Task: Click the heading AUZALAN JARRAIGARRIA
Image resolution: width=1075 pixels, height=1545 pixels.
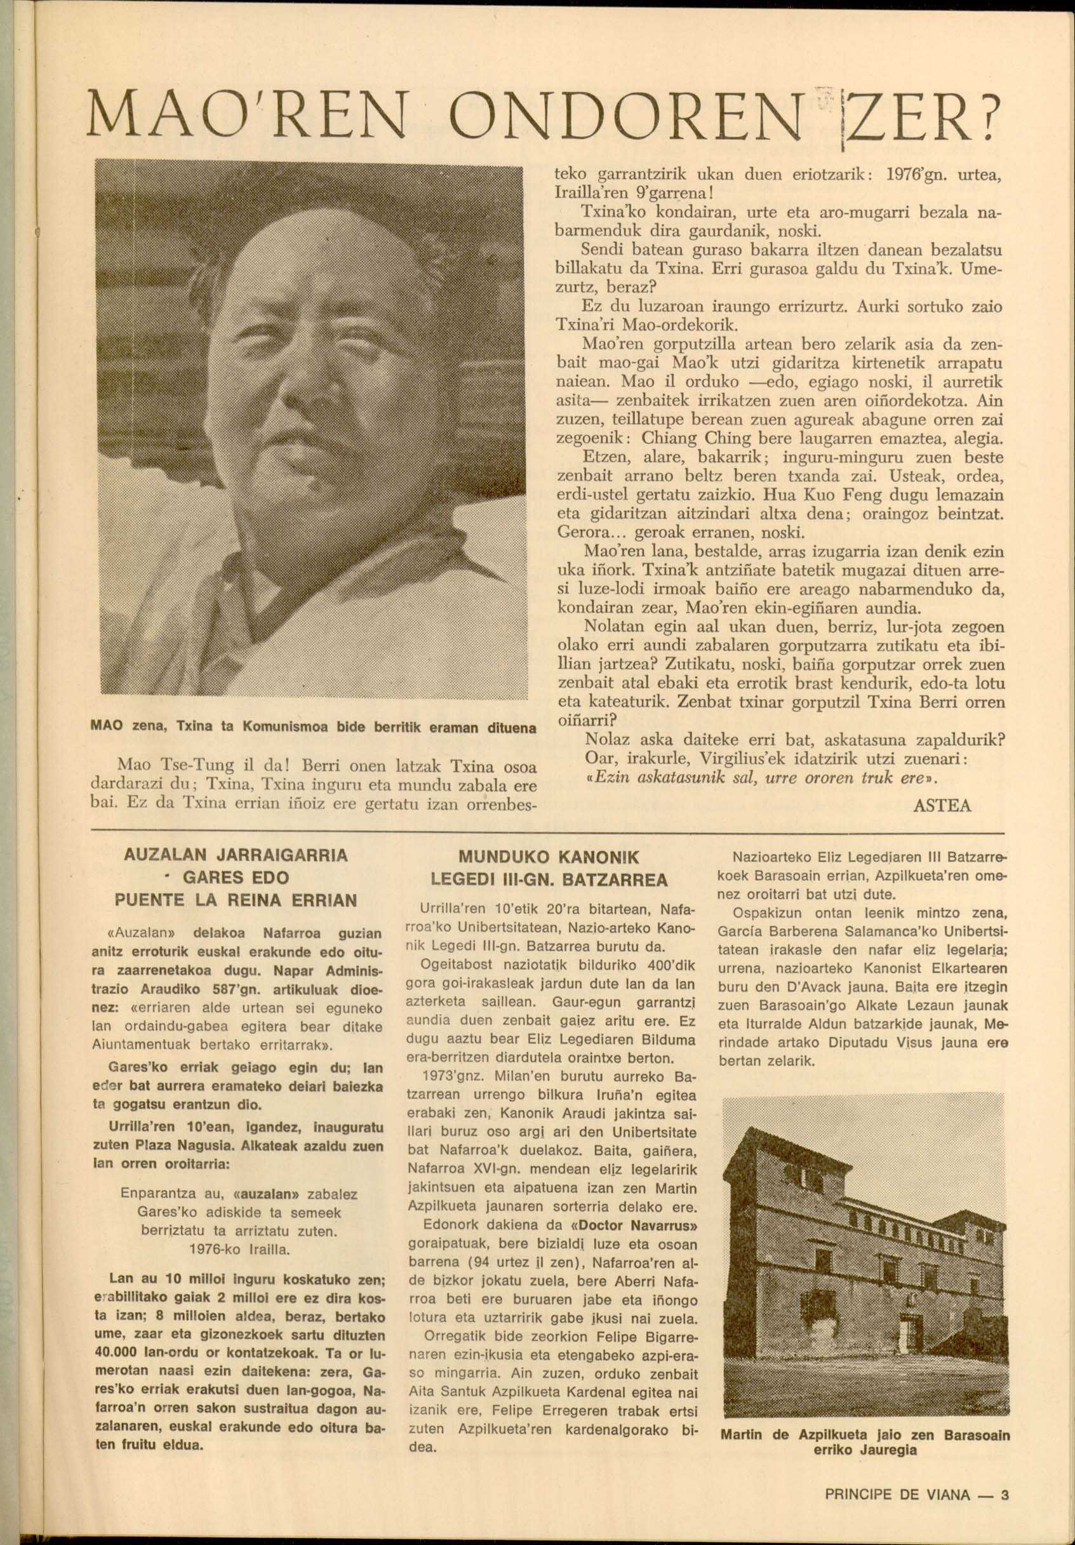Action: tap(236, 856)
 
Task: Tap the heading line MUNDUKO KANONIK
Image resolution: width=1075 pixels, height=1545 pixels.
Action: tap(549, 858)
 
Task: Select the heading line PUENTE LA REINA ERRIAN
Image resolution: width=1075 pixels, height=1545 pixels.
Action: tap(236, 900)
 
